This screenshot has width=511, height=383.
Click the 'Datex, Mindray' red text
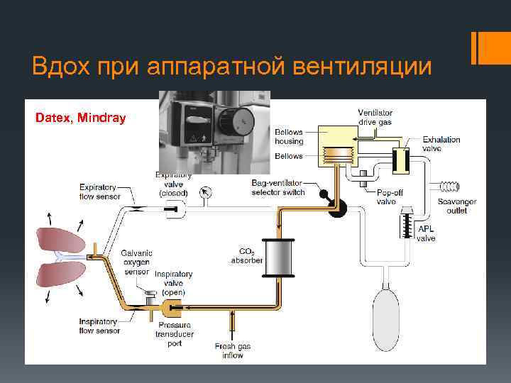click(x=80, y=117)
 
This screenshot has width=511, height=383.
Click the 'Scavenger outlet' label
click(x=457, y=206)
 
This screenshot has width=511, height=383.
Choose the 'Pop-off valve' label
click(x=387, y=196)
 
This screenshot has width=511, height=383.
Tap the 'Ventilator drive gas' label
click(x=375, y=118)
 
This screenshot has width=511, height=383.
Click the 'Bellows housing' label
click(x=289, y=137)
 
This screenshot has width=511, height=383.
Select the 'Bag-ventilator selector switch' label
click(x=278, y=187)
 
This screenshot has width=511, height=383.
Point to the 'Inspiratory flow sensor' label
click(x=99, y=326)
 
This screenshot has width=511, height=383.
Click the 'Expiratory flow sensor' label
click(x=99, y=191)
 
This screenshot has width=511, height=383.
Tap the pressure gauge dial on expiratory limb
click(x=207, y=191)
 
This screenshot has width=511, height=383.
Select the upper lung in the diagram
click(x=62, y=240)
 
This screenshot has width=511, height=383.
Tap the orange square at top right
click(x=489, y=46)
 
